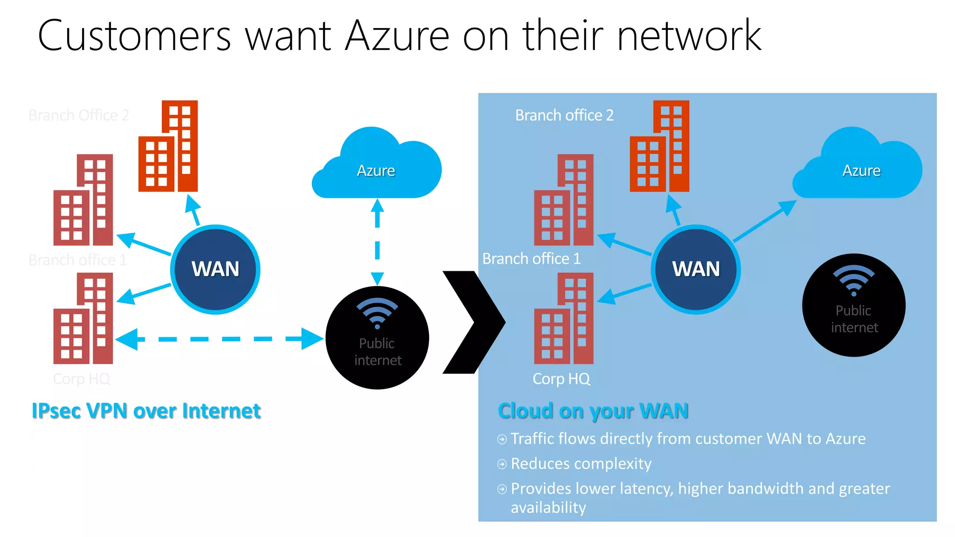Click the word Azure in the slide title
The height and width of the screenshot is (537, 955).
point(397,36)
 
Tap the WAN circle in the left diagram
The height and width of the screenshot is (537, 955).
point(215,269)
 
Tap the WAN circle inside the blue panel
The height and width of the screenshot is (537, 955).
point(695,269)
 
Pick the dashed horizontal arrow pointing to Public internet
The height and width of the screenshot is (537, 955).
point(219,339)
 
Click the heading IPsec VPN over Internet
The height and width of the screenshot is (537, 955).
point(146,411)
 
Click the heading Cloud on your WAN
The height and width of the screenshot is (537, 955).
point(593,411)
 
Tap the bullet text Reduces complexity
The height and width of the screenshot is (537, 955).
point(581,464)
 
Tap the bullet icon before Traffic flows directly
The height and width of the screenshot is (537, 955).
point(502,439)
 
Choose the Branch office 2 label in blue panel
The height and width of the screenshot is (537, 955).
point(564,115)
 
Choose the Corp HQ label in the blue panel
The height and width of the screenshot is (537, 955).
point(561,379)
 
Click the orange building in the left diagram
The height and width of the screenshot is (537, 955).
point(168,147)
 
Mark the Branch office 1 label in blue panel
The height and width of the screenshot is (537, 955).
point(531,259)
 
